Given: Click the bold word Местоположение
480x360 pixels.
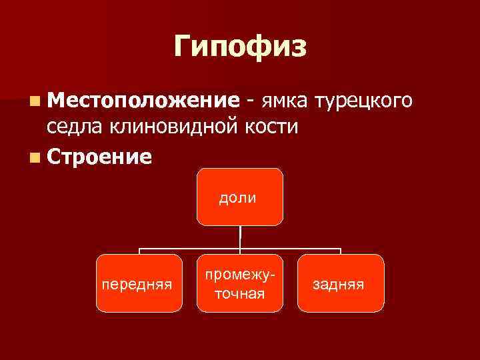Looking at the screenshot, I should pyautogui.click(x=143, y=101).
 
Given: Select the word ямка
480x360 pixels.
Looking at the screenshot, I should pyautogui.click(x=284, y=101).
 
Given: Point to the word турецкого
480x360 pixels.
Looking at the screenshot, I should pyautogui.click(x=366, y=101).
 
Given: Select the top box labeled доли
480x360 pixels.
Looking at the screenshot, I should pyautogui.click(x=239, y=197).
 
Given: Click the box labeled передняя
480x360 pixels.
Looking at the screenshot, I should pyautogui.click(x=139, y=283).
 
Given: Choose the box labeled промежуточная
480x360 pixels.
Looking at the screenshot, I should pyautogui.click(x=239, y=283).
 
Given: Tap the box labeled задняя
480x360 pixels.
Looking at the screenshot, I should pyautogui.click(x=341, y=283).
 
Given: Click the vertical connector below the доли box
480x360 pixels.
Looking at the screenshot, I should pyautogui.click(x=240, y=237).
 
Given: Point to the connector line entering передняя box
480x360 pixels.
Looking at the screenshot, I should pyautogui.click(x=139, y=251).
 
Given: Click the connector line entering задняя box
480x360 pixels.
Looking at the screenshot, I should pyautogui.click(x=341, y=251).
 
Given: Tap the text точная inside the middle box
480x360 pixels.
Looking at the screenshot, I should pyautogui.click(x=239, y=293).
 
